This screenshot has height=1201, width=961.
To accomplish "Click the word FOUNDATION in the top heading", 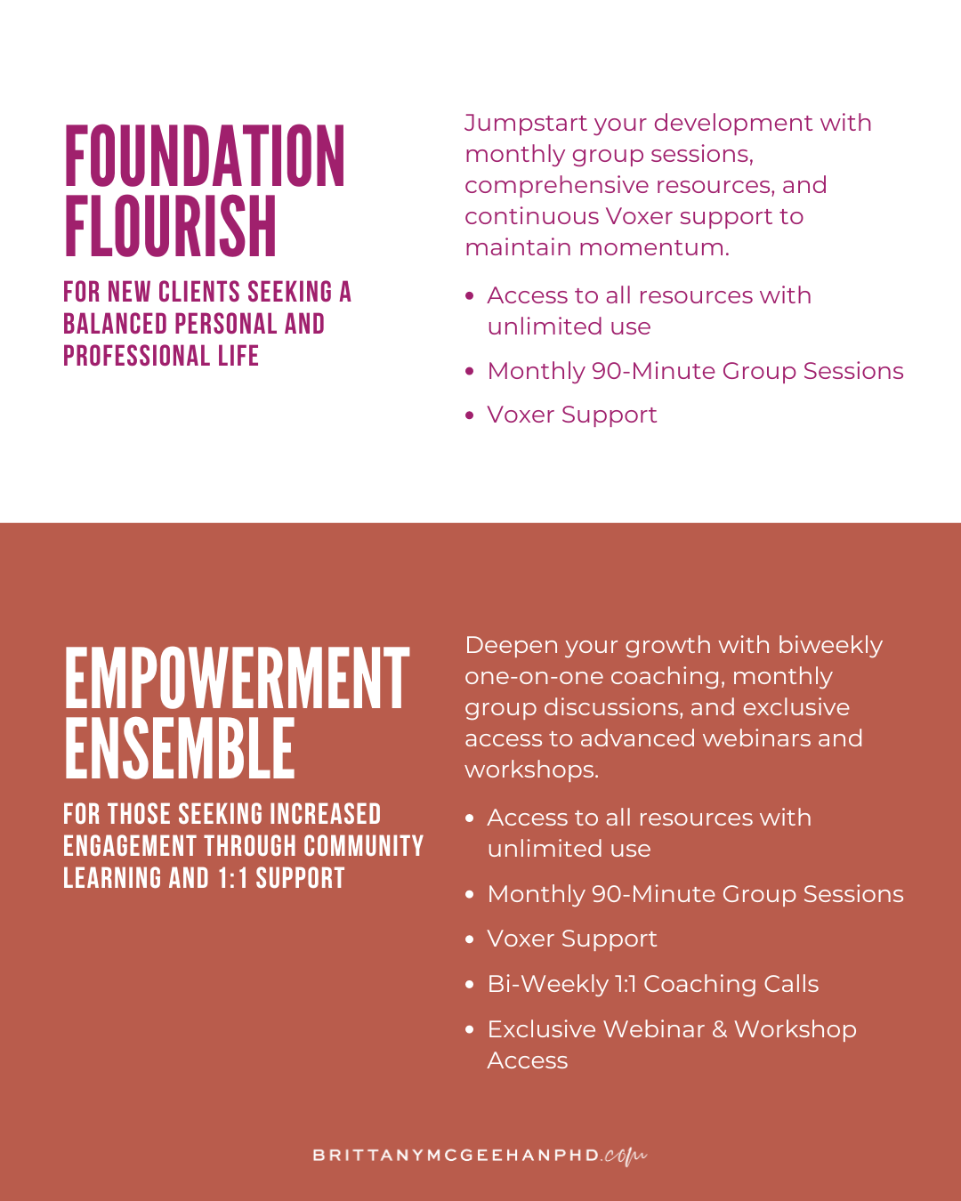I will tap(205, 157).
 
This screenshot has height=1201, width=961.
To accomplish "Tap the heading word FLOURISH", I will tap(171, 227).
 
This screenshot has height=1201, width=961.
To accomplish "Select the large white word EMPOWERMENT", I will tap(237, 680).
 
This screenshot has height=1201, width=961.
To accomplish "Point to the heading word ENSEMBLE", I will tap(180, 750).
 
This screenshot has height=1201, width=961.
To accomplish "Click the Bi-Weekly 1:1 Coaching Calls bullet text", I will tap(652, 984).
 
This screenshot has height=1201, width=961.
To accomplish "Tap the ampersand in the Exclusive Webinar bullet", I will tap(719, 1029).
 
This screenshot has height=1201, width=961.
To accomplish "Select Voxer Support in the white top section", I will tap(572, 415).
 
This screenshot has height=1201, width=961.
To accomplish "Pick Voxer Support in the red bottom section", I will tap(572, 939).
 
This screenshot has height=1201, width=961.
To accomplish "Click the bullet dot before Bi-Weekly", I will tap(470, 985).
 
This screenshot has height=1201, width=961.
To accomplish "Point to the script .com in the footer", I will tap(625, 1156).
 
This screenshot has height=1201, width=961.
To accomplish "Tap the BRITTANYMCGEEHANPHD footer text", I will tap(456, 1156).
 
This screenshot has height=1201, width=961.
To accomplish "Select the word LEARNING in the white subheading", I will tap(112, 878).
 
